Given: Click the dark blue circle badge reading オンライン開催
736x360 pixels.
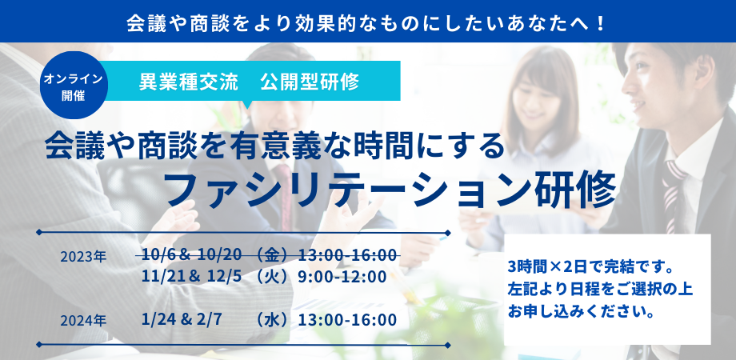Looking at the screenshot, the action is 74,85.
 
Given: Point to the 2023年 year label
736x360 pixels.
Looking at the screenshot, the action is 83,257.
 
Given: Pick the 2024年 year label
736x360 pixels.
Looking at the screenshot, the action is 83,321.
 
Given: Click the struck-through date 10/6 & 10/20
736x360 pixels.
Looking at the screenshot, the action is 192,255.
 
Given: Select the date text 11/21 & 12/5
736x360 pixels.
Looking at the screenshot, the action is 192,277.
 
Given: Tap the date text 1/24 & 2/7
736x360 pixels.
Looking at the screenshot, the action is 181,320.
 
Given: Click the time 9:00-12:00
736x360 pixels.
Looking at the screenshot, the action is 342,277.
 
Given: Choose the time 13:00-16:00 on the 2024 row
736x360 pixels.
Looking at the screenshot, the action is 348,320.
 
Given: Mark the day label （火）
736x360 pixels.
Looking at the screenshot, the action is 272,277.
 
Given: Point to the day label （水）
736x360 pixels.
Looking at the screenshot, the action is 272,320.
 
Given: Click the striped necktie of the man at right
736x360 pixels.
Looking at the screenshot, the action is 672,196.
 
